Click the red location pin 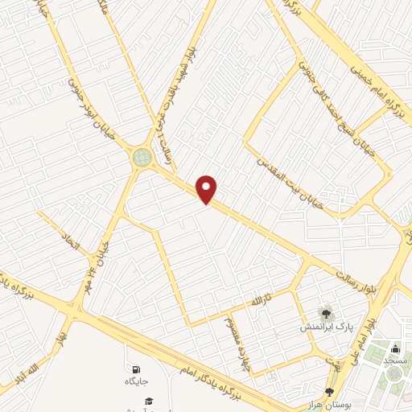[207, 189]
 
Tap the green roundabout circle [143, 157]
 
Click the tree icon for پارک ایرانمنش [327, 313]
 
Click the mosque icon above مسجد [395, 348]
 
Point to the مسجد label [395, 361]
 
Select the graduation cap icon [149, 400]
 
